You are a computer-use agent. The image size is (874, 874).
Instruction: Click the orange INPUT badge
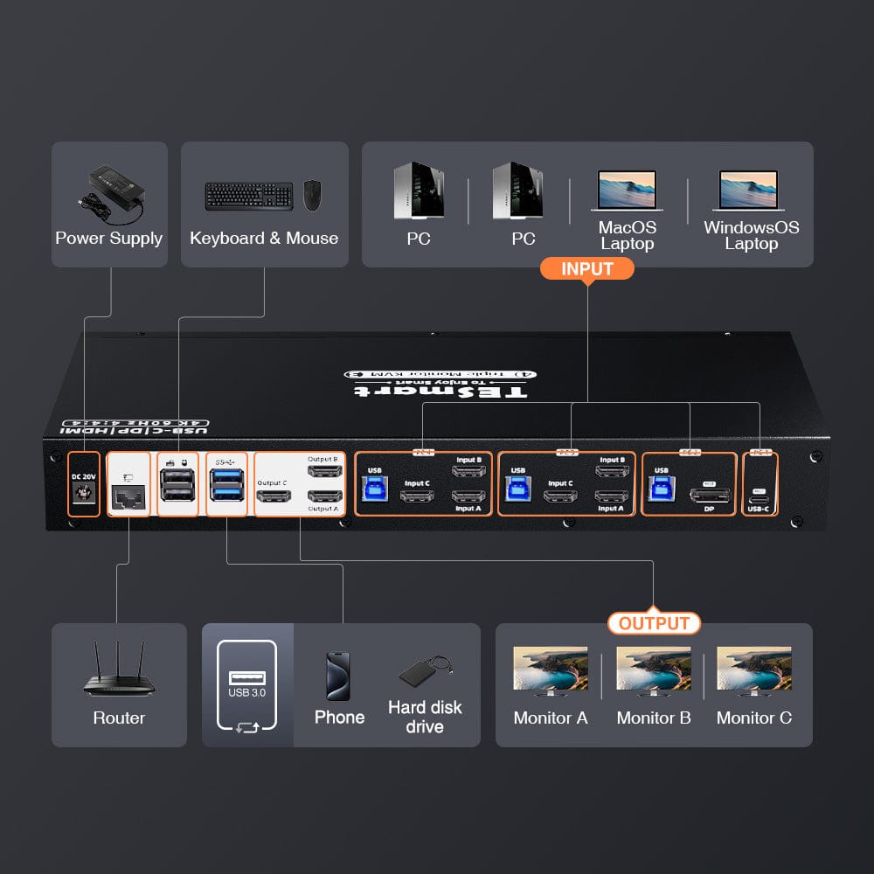coord(586,268)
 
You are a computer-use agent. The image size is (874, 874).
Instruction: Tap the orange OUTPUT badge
coord(654,623)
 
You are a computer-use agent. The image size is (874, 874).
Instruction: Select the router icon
coord(119,671)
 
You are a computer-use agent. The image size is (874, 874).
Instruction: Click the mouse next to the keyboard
coord(312,195)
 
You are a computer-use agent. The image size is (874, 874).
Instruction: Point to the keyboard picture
coord(249,196)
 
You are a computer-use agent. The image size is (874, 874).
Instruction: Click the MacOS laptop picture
coord(627,190)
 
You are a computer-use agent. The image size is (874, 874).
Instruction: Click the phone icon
coord(338,676)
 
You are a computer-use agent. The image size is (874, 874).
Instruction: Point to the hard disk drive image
coord(424,671)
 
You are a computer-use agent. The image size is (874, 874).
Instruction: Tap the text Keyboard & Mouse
coord(264,238)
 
